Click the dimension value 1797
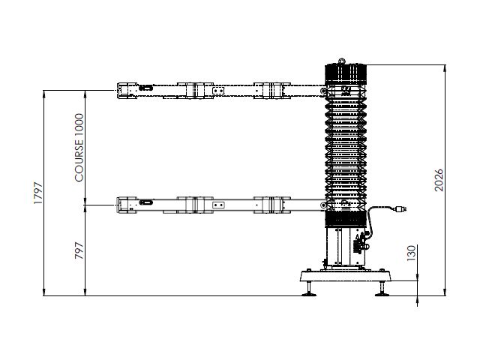pyautogui.click(x=38, y=193)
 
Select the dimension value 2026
pyautogui.click(x=439, y=180)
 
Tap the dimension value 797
pyautogui.click(x=79, y=250)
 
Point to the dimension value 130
pyautogui.click(x=412, y=253)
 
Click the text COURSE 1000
pyautogui.click(x=79, y=148)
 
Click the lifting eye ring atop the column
pyautogui.click(x=342, y=61)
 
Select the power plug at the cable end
pyautogui.click(x=401, y=209)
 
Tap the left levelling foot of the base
pyautogui.click(x=309, y=289)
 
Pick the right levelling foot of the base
pyautogui.click(x=382, y=289)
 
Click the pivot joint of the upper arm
pyautogui.click(x=323, y=91)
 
